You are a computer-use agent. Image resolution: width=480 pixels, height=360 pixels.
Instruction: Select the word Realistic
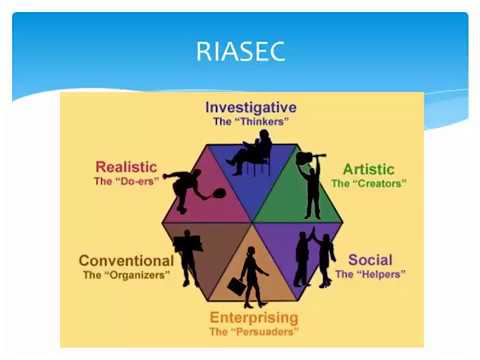coord(126,167)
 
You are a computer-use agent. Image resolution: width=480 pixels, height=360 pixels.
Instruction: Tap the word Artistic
coord(368,169)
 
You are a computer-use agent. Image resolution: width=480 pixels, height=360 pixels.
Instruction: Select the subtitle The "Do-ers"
coord(126,182)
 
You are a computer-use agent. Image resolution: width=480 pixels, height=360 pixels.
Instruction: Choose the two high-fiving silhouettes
coord(314,257)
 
